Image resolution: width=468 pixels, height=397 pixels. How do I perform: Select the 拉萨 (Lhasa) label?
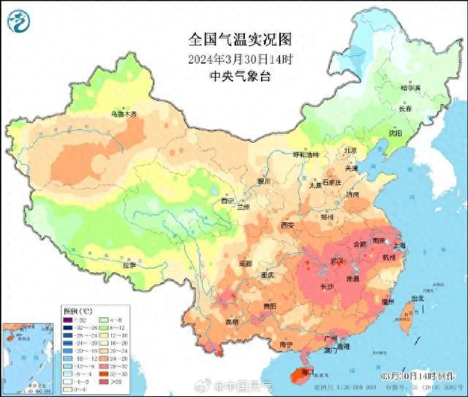[x=129, y=265]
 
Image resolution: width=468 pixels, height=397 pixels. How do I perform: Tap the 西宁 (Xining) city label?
[x=227, y=200]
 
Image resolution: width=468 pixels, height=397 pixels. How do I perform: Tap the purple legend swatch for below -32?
[x=67, y=320]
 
